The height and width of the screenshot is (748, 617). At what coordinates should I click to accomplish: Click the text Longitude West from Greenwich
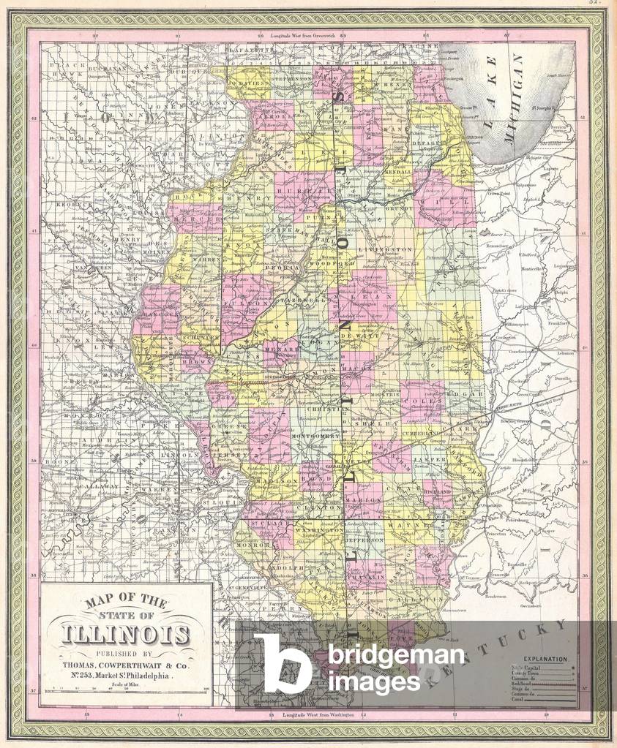tap(302, 35)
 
